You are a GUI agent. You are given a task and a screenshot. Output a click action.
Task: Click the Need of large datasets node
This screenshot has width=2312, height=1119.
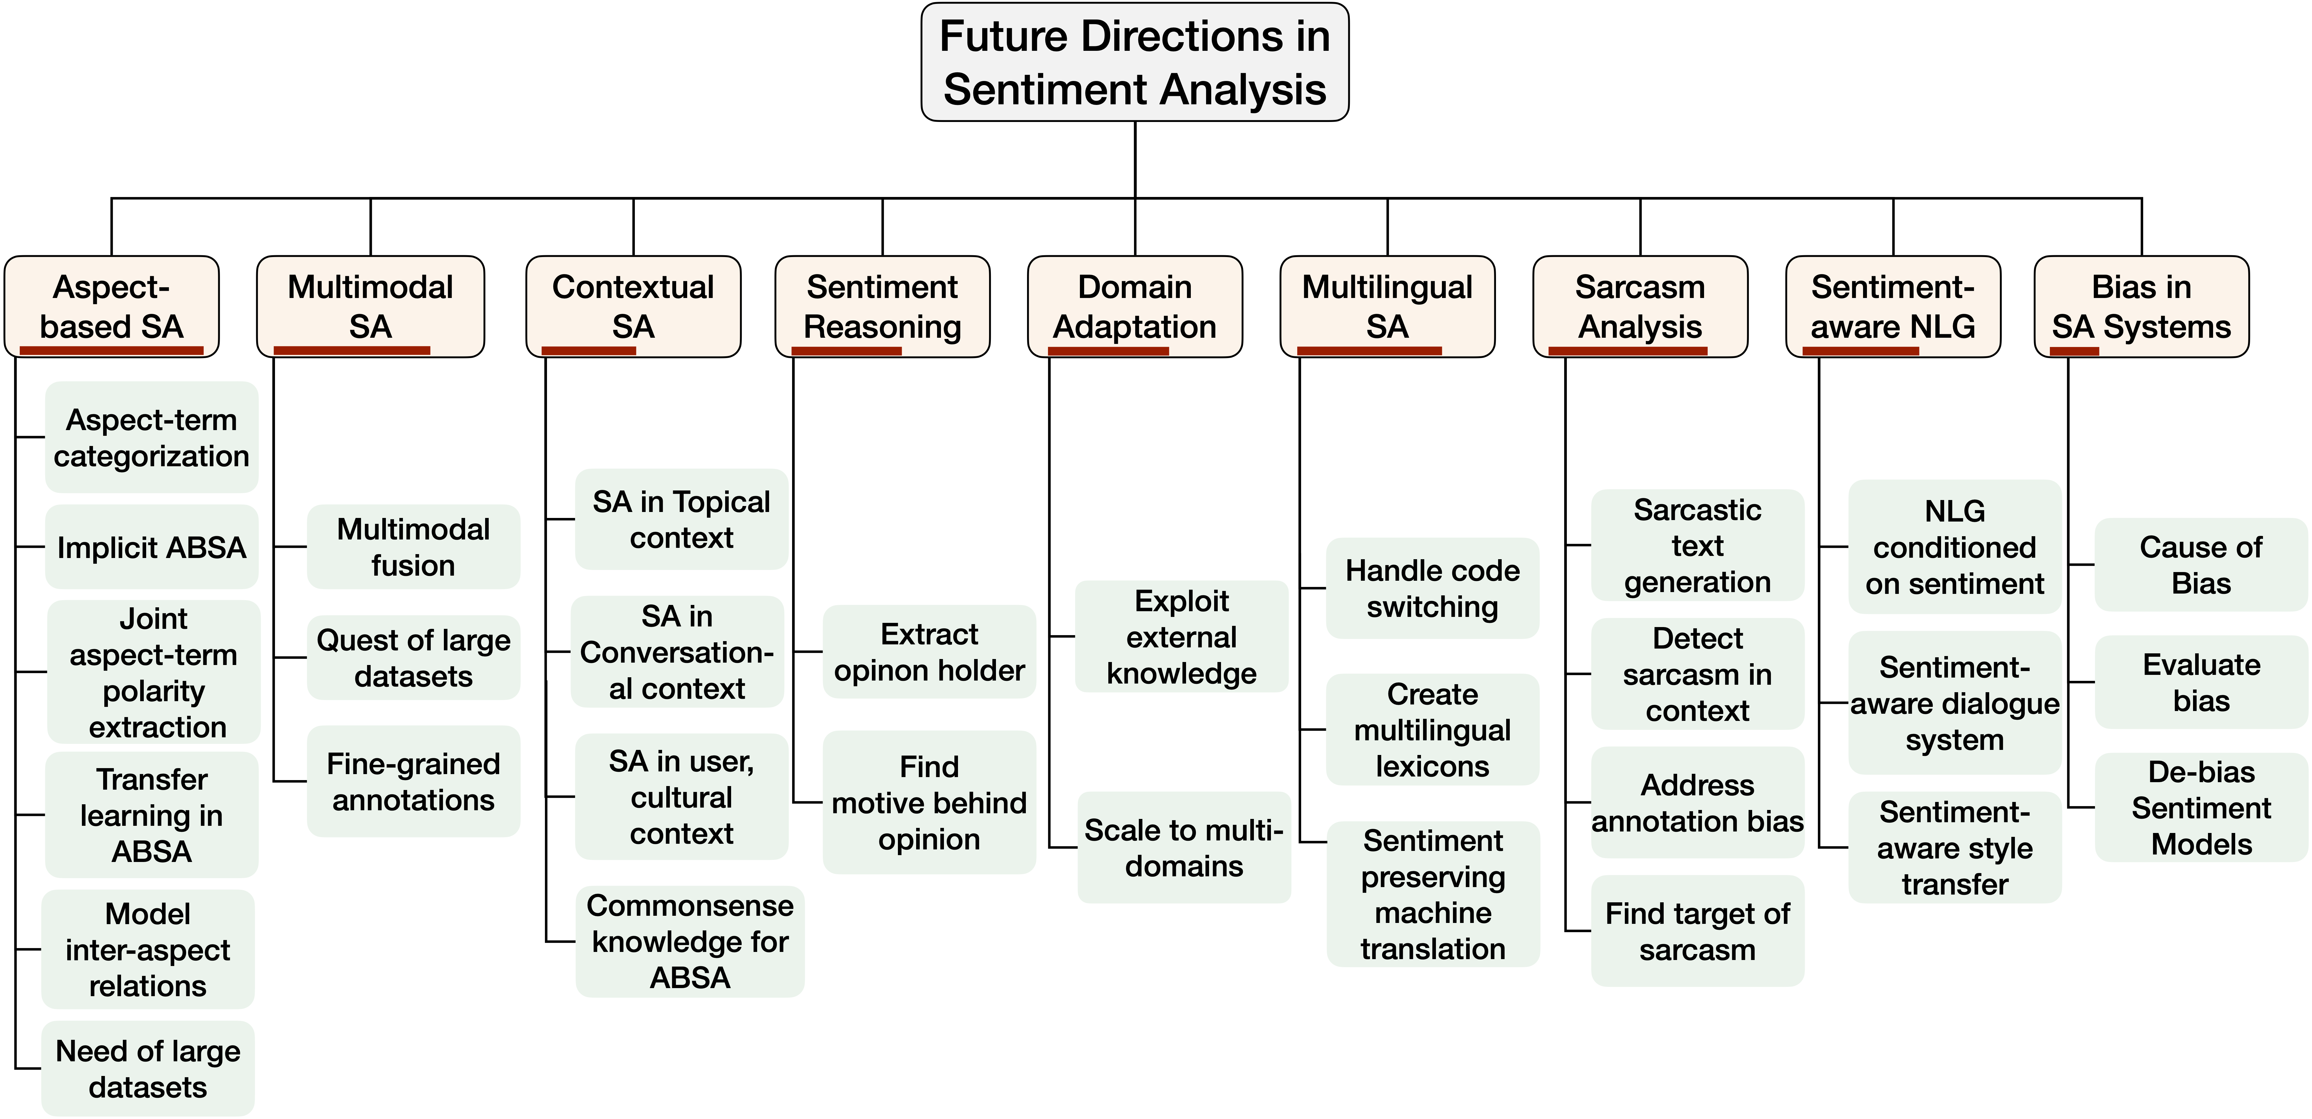tap(148, 1069)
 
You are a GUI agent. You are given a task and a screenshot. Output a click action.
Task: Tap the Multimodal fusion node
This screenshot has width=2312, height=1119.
tap(413, 546)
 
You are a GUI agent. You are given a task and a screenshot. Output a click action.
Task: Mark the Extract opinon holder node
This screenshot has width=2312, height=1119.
tap(929, 652)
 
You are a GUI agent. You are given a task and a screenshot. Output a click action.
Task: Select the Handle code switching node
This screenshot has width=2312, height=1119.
tap(1432, 588)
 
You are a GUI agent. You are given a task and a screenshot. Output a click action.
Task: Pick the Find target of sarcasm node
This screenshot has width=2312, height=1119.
tap(1697, 930)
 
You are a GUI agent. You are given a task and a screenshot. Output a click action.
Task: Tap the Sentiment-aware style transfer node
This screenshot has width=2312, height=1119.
tap(1955, 847)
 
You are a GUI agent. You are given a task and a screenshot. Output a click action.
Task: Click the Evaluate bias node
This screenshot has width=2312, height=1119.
tap(2201, 682)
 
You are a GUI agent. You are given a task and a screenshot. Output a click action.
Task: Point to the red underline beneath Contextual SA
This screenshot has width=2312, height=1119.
tap(589, 350)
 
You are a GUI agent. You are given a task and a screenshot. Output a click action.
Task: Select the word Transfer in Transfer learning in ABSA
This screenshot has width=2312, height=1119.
tap(152, 779)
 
